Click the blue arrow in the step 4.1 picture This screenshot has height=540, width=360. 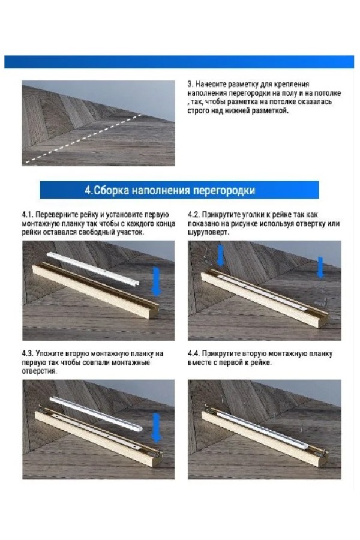point(157,281)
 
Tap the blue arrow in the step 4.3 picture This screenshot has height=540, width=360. point(157,428)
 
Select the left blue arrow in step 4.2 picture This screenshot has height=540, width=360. point(220,255)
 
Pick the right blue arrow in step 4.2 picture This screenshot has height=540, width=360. point(320,267)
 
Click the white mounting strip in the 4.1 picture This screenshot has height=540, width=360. point(92,268)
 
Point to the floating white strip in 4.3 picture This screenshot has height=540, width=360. point(92,413)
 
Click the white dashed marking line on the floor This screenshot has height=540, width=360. point(83,138)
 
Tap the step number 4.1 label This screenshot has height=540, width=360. point(27,215)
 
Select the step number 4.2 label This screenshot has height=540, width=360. point(194,215)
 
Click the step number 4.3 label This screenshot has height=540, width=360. point(27,353)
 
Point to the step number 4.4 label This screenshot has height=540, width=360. point(194,353)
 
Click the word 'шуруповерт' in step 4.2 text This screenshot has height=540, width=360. point(208,232)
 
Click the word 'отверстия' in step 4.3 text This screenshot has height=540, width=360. point(38,371)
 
